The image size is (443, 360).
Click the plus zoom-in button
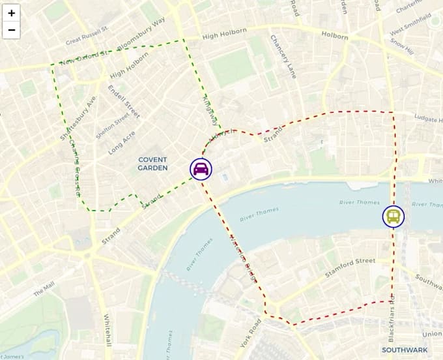[x=12, y=13]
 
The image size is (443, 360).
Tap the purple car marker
[x=201, y=169]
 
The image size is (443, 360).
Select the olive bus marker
[x=393, y=217]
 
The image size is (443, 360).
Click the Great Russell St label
[x=87, y=40]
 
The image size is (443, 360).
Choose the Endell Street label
[x=124, y=101]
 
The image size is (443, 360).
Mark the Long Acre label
[x=122, y=142]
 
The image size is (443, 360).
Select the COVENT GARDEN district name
[x=152, y=164]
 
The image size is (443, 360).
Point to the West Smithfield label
[x=409, y=27]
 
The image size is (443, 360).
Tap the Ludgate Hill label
[x=427, y=118]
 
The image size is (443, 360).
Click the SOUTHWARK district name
[x=405, y=350]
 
